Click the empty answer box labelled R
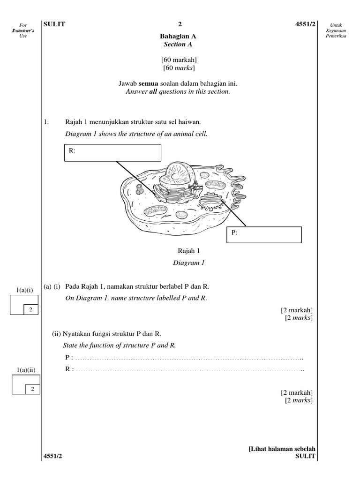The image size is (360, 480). (x=112, y=152)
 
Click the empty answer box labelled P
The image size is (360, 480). (x=265, y=234)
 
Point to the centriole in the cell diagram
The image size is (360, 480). (x=139, y=189)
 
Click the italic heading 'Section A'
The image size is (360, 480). (x=178, y=45)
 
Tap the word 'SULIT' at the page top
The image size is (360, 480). (x=54, y=24)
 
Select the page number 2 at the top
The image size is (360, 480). (x=180, y=24)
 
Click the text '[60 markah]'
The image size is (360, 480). (x=179, y=60)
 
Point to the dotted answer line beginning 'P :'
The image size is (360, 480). (x=187, y=359)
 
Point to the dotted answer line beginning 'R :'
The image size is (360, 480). (x=187, y=369)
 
